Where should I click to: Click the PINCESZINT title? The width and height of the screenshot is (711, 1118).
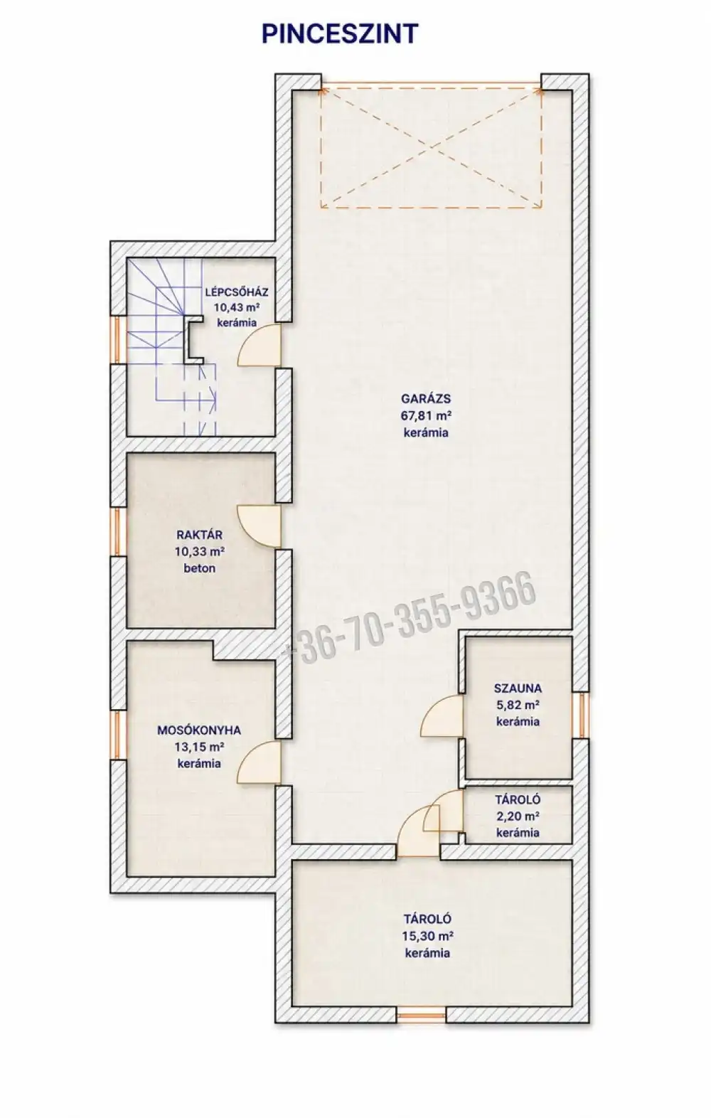pos(340,34)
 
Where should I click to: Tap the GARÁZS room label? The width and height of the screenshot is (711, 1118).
pos(426,399)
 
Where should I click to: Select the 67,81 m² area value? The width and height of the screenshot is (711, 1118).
pos(427,415)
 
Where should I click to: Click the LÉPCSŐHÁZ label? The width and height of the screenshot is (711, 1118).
pos(237,292)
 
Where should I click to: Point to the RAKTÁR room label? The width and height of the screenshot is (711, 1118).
pos(199,535)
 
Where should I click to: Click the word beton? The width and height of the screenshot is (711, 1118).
pos(200,568)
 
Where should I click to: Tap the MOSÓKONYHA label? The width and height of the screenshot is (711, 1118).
pos(199,730)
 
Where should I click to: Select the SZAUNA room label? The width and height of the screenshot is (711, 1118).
pos(518,688)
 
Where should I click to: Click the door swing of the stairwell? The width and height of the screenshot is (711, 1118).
pos(260,346)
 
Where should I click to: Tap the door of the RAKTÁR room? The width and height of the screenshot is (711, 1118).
pos(260,526)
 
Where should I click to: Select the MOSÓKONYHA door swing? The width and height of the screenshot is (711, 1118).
pos(260,762)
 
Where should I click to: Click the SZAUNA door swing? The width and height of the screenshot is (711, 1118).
pos(442,715)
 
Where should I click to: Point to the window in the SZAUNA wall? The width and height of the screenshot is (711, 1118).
pos(580,715)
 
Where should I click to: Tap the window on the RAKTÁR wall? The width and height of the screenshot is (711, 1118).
pos(118,531)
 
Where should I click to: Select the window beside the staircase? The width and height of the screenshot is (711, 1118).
pos(118,341)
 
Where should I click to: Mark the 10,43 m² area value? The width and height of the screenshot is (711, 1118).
pos(237,307)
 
